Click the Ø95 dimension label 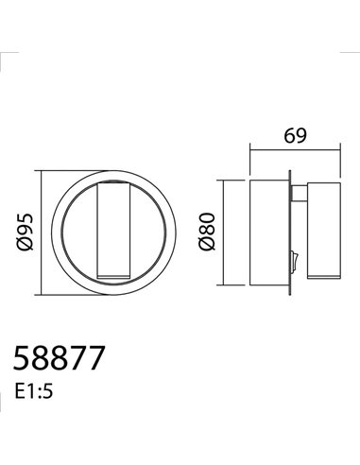26,226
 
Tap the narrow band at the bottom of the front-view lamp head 114,275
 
